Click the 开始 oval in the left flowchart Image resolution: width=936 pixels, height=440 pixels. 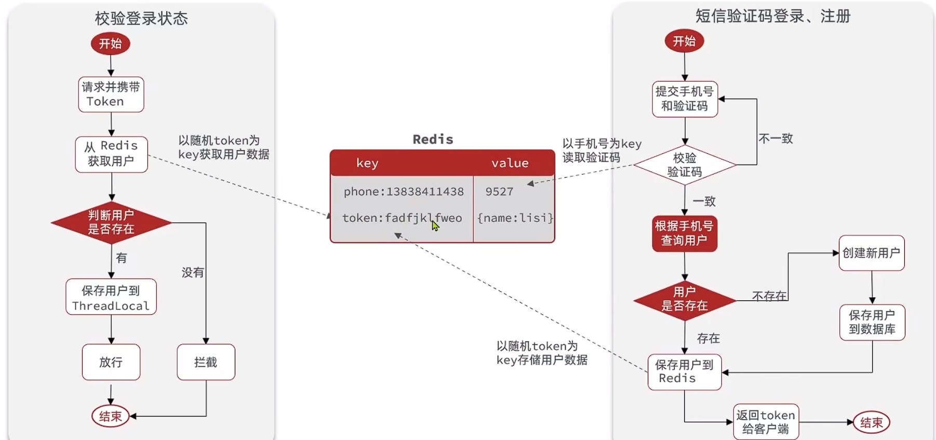(110, 43)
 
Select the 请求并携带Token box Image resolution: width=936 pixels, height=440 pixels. (111, 94)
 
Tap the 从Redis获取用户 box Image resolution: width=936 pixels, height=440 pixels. (111, 154)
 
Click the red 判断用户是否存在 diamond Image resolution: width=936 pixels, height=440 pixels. (111, 222)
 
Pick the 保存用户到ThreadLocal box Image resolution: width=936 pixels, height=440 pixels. (111, 297)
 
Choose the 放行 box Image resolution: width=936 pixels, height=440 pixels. (111, 362)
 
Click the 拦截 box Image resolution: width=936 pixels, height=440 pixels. (206, 362)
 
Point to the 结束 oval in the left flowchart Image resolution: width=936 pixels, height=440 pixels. (110, 416)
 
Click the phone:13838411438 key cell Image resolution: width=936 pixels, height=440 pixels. (404, 192)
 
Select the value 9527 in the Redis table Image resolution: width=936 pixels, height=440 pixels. (499, 192)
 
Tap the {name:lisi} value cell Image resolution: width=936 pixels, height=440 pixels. (515, 218)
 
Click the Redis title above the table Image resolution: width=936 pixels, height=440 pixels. (433, 139)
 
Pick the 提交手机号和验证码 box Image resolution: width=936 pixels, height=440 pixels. (685, 99)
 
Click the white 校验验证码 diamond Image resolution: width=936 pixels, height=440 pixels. (685, 165)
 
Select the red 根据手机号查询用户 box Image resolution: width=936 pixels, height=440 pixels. (685, 233)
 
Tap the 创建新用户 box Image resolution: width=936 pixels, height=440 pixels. (872, 253)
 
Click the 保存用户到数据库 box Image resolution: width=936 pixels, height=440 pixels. (872, 322)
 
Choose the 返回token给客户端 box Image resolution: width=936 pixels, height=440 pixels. (766, 422)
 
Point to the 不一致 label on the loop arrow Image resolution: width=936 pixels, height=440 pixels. (775, 139)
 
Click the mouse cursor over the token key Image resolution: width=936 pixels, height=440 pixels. (435, 225)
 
